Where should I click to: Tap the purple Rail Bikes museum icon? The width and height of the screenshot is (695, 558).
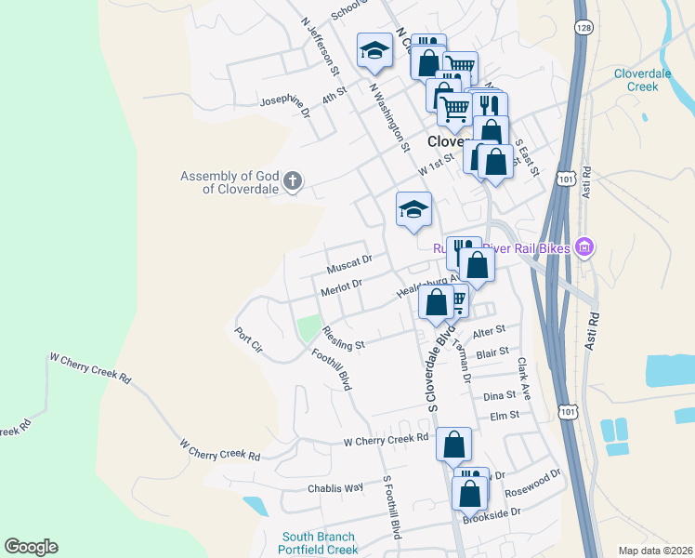(584, 247)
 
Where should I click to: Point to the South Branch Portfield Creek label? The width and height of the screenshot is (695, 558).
(319, 543)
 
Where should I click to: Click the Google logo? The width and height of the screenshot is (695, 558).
(31, 547)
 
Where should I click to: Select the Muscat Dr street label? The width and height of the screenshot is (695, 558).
(348, 263)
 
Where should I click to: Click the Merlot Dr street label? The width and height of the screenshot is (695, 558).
(340, 286)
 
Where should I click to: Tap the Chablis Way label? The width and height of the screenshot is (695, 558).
(335, 488)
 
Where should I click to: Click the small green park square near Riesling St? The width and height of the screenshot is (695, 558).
(308, 328)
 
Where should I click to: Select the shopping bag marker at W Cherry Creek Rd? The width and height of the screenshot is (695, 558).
(453, 445)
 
